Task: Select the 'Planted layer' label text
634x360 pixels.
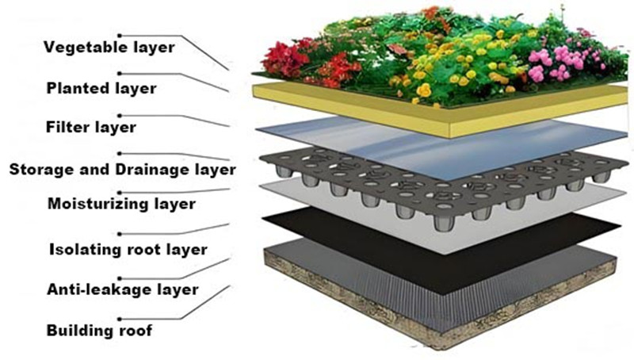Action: [101, 87]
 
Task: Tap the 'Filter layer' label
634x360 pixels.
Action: [92, 127]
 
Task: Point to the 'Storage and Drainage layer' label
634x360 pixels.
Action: [121, 169]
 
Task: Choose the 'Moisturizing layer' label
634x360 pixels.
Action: [119, 204]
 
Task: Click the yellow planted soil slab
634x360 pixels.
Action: [444, 119]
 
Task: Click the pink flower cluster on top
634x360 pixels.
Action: [555, 63]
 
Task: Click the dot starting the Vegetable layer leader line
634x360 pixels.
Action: [120, 34]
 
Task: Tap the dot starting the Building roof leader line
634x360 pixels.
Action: [119, 316]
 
